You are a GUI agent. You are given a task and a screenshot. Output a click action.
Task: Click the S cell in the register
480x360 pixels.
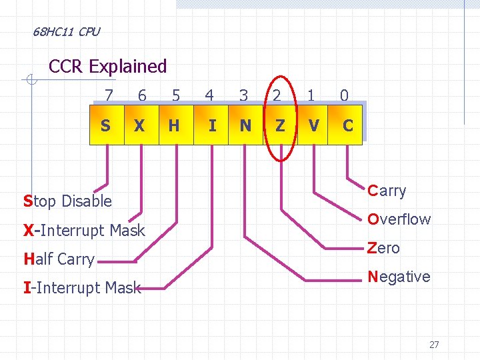point(106,125)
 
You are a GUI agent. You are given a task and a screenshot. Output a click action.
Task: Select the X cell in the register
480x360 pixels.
point(140,125)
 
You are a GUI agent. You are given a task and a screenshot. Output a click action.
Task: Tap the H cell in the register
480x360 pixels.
point(174,125)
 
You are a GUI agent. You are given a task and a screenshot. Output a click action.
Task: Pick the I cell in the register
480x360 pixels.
point(212,125)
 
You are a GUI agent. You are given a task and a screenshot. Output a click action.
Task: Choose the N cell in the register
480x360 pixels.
point(245,125)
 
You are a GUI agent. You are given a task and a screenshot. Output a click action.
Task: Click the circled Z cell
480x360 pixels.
point(280,125)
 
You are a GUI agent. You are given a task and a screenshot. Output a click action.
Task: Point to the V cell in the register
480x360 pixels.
point(313,125)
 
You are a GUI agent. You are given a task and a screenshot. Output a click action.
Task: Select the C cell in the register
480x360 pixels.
point(347,125)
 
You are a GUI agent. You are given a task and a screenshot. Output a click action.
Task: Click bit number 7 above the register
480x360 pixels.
point(109,96)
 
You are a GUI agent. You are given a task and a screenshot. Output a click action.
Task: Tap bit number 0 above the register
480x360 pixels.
point(344,96)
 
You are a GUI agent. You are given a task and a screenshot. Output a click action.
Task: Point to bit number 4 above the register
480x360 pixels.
point(209,96)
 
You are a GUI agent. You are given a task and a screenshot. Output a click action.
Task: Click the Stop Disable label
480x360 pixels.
point(67,201)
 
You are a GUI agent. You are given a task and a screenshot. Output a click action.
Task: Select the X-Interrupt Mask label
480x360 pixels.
point(84,231)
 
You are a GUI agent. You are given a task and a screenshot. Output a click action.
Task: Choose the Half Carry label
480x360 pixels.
point(59,259)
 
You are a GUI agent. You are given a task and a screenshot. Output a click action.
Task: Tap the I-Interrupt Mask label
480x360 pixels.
point(82,288)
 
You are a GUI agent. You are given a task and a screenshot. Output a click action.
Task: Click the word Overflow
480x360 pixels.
point(399,219)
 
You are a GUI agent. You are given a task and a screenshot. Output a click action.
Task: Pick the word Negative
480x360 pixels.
point(399,277)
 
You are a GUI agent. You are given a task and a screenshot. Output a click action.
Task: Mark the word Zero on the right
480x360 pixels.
point(384,248)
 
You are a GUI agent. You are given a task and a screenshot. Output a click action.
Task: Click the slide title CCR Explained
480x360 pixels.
point(108,67)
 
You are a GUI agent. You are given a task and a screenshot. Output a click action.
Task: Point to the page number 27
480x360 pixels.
point(434,345)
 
